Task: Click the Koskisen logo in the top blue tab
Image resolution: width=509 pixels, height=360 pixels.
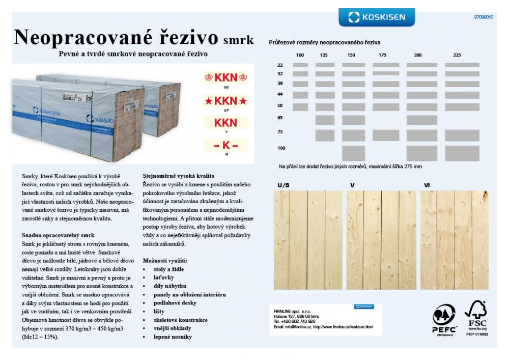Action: [377, 17]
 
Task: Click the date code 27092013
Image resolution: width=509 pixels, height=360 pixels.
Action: [484, 17]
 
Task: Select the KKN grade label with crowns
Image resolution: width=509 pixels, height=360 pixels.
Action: [225, 78]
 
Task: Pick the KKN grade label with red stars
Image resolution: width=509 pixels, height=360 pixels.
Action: [225, 101]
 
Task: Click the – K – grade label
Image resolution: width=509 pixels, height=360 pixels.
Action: [225, 145]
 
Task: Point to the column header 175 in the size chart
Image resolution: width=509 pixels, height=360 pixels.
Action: [383, 55]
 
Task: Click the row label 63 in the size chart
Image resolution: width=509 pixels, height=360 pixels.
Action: [280, 118]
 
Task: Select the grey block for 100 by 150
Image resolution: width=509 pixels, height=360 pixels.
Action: [353, 153]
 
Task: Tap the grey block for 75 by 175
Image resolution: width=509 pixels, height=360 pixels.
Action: [386, 135]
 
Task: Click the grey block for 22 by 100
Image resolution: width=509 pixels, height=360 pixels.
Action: [300, 65]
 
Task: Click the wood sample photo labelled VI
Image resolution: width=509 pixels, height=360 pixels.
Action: [454, 240]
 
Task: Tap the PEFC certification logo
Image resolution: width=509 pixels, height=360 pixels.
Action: [443, 318]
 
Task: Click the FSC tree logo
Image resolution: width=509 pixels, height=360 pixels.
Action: [476, 314]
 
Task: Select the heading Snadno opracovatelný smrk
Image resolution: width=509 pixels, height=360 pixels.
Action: [59, 235]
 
